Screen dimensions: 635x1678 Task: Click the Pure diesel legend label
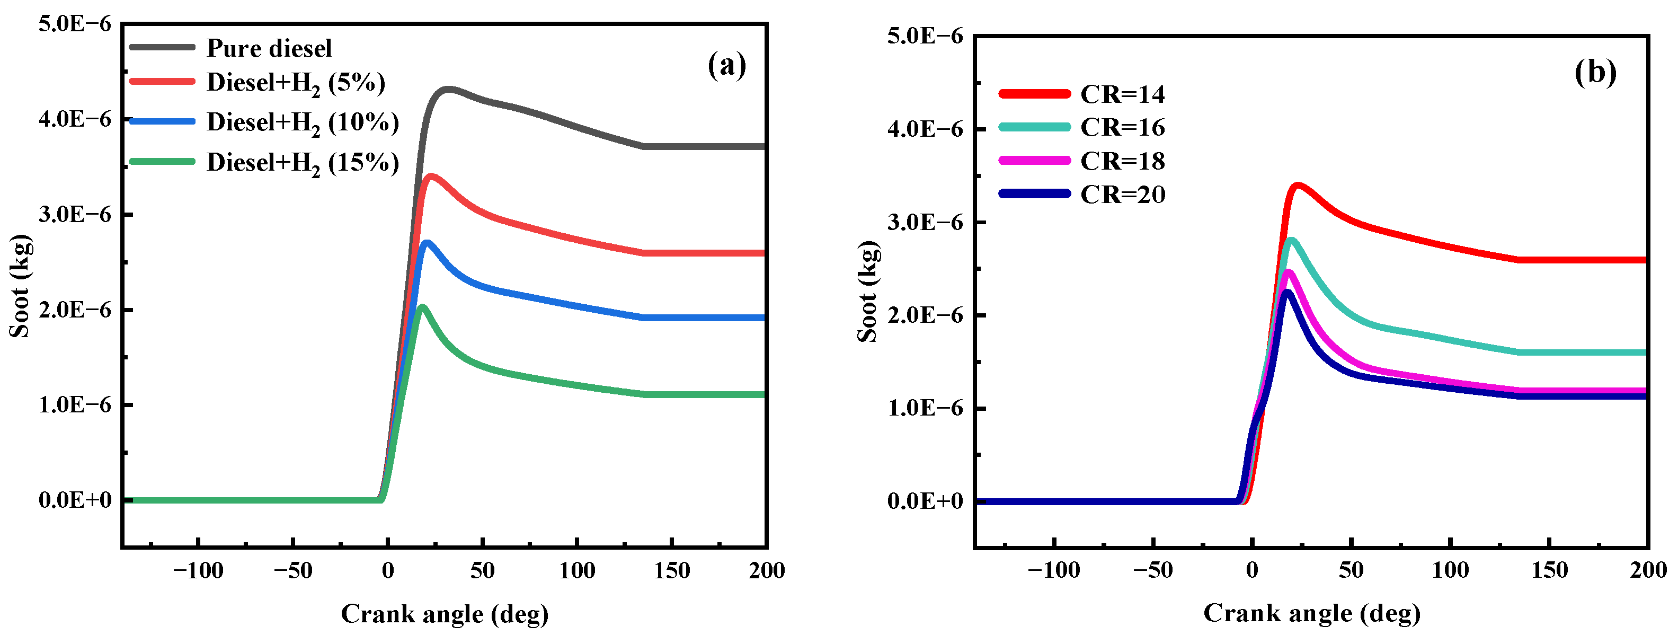(269, 48)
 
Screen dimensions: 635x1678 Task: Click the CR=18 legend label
(1122, 161)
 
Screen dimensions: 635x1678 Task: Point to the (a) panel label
(726, 65)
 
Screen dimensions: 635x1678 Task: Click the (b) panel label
(1595, 72)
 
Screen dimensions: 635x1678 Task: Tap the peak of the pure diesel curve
(448, 89)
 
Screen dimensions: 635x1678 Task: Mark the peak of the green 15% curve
(422, 306)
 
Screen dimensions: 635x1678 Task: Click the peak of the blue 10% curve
(427, 243)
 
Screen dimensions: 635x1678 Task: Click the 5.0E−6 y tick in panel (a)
(75, 24)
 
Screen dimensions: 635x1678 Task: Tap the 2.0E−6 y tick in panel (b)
(925, 315)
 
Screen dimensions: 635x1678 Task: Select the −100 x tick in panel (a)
(198, 571)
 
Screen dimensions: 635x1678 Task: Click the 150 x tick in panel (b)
(1549, 570)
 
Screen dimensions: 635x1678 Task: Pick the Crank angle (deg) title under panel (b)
(1311, 613)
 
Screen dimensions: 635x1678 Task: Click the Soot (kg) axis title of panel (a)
(20, 286)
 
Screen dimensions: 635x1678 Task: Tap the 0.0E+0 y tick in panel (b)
(925, 501)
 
